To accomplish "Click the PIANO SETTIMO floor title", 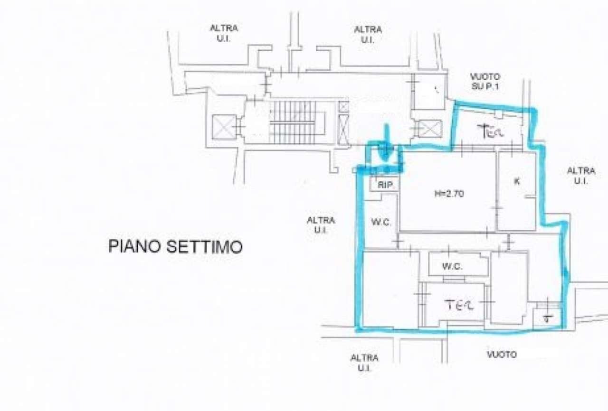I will pyautogui.click(x=175, y=247).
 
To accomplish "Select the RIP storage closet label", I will pyautogui.click(x=385, y=185).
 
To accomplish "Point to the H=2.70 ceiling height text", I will pyautogui.click(x=448, y=194).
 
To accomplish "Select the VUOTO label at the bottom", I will pyautogui.click(x=502, y=354).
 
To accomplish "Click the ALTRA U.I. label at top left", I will pyautogui.click(x=223, y=33).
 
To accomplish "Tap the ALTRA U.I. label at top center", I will pyautogui.click(x=367, y=34).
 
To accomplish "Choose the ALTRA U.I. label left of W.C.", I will pyautogui.click(x=321, y=225).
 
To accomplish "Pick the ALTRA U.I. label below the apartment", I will pyautogui.click(x=364, y=363).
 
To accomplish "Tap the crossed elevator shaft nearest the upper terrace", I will pyautogui.click(x=429, y=129).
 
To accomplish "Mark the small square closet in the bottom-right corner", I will pyautogui.click(x=547, y=318).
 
